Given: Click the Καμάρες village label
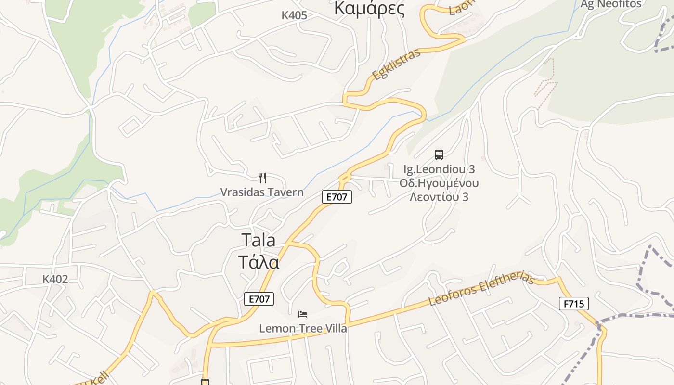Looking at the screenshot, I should (x=369, y=8).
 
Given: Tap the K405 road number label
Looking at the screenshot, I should (x=294, y=15).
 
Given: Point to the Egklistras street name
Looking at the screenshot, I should (x=396, y=64).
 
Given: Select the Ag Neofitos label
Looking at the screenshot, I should (x=610, y=4).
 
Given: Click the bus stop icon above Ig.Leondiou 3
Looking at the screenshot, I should (x=439, y=155).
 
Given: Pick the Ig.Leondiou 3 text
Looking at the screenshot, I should (x=439, y=169).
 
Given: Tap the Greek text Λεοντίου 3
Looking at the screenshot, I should (x=439, y=197).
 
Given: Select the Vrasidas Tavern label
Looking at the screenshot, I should (x=262, y=192).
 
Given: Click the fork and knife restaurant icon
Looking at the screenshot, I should (x=262, y=178).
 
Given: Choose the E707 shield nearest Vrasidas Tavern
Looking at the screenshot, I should (x=337, y=196).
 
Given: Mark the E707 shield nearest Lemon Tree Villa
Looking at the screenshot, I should (x=259, y=299).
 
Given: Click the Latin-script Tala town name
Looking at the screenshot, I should (x=258, y=240).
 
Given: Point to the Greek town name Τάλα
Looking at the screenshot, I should (x=259, y=262).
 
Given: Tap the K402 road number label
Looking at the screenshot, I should (x=55, y=279).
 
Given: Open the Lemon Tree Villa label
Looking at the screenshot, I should (x=303, y=329).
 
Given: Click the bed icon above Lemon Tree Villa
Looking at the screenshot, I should (x=303, y=314).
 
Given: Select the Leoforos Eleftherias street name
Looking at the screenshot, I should (x=481, y=290).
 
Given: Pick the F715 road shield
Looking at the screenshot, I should (x=573, y=304).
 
